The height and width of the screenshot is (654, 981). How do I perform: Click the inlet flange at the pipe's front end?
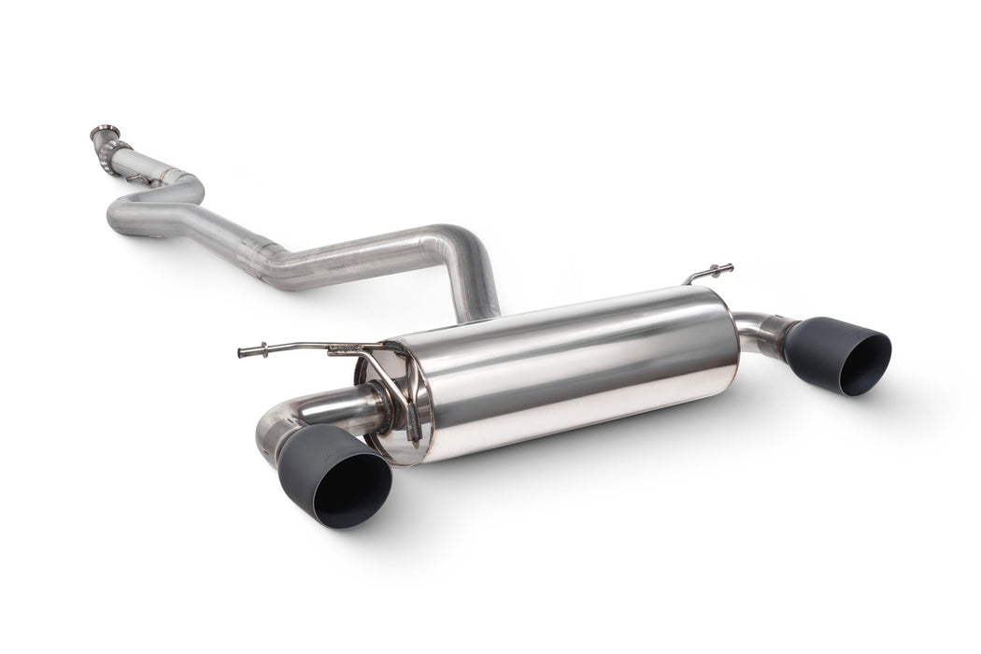106,133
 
